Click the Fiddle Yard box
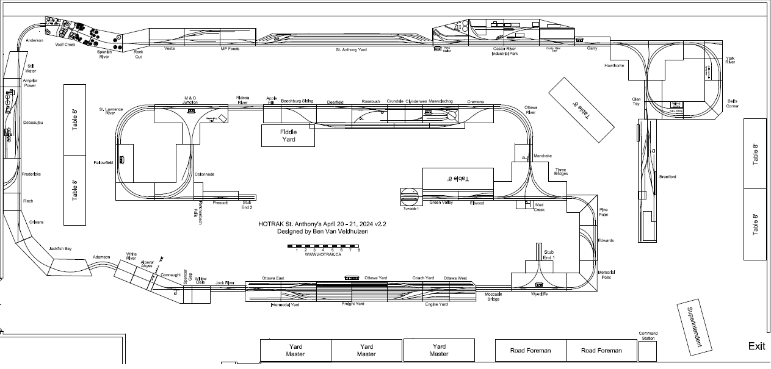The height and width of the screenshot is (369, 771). [x=288, y=135]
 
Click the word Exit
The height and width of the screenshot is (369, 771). [x=756, y=346]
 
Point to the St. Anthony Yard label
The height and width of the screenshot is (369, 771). [x=351, y=49]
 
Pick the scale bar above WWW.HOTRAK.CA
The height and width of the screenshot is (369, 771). [x=324, y=246]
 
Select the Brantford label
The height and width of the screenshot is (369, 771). [x=667, y=177]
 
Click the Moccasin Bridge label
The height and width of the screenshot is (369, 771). [x=493, y=296]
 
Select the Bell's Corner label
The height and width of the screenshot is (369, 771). [x=733, y=103]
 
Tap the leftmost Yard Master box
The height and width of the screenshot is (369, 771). [x=295, y=351]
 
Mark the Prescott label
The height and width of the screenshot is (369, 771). [x=220, y=202]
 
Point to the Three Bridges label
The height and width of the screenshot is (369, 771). [x=560, y=172]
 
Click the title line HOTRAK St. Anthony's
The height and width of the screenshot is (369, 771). [x=322, y=224]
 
